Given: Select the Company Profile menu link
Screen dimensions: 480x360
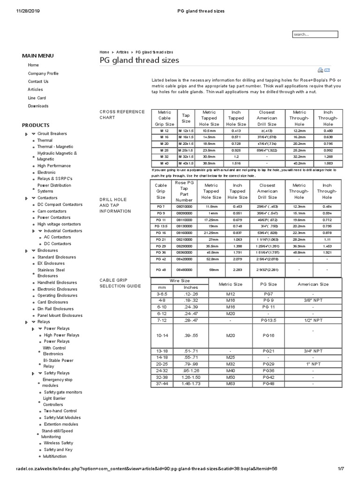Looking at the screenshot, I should [43, 73].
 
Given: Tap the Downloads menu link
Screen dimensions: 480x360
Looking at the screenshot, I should [38, 106].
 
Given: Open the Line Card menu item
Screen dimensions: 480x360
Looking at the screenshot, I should [37, 97].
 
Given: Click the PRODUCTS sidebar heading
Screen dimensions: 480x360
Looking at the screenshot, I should [36, 125].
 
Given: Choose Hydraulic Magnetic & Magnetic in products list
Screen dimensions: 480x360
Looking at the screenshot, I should [57, 156].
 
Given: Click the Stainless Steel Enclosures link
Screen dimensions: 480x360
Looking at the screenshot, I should [51, 273].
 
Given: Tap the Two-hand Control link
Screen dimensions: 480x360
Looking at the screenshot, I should [60, 411].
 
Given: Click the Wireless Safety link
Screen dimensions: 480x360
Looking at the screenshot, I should [58, 442].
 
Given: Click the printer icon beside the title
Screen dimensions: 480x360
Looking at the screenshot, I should [320, 70].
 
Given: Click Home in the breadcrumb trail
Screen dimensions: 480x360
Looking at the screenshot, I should [104, 52].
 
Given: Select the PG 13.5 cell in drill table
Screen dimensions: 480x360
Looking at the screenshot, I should [161, 225].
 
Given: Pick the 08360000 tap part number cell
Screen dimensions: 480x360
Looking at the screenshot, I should [184, 252].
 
